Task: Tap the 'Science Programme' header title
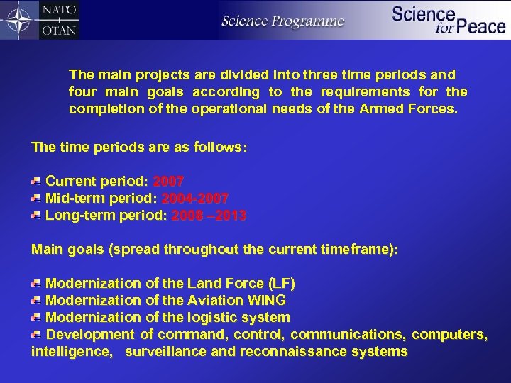[x=282, y=21]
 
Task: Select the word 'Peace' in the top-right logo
[x=480, y=27]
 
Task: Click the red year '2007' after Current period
[x=168, y=182]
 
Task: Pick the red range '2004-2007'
[x=195, y=199]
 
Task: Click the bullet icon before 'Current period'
[x=35, y=182]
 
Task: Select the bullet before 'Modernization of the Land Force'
[x=35, y=284]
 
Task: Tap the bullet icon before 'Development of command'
[x=35, y=334]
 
